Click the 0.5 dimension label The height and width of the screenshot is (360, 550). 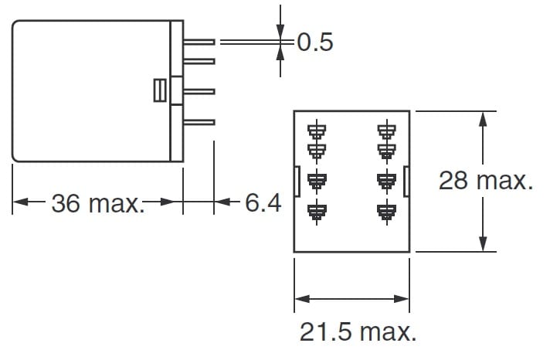coord(315,42)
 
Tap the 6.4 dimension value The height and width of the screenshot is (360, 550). coord(263,204)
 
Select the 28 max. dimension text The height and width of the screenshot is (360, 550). coord(486,181)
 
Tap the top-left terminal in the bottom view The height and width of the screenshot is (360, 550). coord(316,128)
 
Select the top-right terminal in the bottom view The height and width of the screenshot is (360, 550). coord(385,128)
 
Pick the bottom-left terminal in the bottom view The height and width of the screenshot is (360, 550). coord(316,210)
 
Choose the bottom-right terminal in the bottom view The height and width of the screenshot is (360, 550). coord(385,210)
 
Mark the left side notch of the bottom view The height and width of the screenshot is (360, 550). coord(297,181)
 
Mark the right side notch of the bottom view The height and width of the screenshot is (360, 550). coord(405,181)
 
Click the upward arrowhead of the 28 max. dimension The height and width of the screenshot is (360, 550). coord(484,117)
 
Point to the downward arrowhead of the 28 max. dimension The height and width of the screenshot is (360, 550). coord(484,246)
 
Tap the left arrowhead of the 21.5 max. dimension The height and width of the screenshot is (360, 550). coord(300,298)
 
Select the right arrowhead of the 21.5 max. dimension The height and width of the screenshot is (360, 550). coord(402,298)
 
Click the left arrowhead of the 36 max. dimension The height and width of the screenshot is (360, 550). coord(19,203)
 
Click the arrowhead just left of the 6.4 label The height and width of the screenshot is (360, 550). coord(220,203)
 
